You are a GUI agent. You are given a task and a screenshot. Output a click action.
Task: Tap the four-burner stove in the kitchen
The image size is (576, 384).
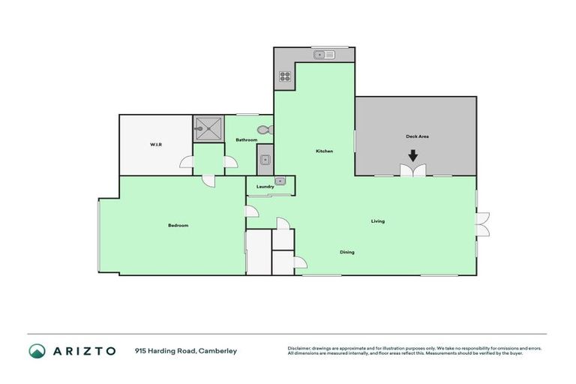point(285,75)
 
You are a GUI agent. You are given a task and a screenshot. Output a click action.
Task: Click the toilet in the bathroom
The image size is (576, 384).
point(262,130)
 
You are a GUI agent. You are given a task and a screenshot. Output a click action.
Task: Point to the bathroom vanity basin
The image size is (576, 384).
point(265,158)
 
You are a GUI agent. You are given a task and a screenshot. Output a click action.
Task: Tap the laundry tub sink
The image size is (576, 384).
point(280,181)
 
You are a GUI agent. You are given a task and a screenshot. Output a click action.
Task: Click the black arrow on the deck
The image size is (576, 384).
point(412,156)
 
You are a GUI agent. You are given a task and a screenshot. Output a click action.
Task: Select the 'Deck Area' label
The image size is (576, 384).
point(417,136)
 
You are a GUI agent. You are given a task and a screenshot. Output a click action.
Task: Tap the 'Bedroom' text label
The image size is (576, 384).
point(178,226)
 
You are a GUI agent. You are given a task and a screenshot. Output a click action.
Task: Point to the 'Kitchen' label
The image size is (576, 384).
point(324,151)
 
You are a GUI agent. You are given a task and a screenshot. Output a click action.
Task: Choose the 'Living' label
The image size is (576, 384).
point(378,221)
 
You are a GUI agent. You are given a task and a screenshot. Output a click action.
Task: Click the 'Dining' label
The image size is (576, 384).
point(346,252)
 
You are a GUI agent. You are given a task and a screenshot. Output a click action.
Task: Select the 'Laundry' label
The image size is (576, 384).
point(265,187)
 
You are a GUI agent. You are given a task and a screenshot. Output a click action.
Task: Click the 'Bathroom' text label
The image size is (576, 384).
point(247,140)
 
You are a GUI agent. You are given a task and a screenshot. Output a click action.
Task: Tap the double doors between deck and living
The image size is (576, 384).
point(412,172)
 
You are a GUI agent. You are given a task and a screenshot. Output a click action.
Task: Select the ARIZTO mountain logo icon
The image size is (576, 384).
point(37,350)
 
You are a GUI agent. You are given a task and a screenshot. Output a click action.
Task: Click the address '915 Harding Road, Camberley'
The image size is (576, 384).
point(186,350)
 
